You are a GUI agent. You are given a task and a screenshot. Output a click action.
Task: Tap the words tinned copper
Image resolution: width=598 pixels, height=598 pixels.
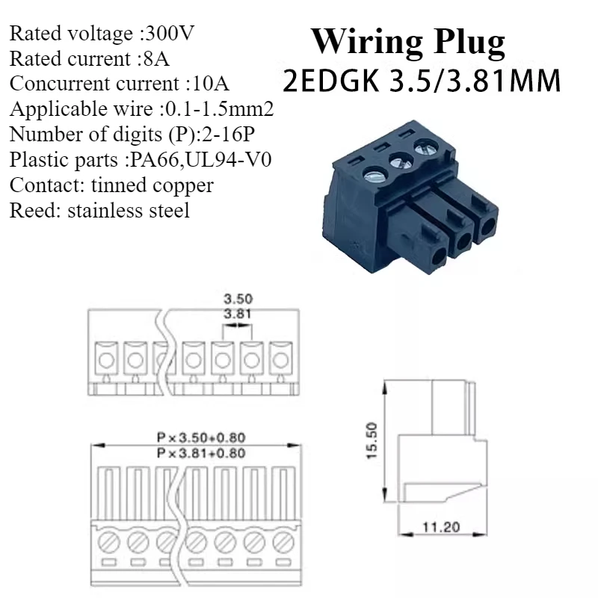(x=152, y=185)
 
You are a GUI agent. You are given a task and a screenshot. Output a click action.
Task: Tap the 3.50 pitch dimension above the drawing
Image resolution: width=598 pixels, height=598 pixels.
(x=237, y=299)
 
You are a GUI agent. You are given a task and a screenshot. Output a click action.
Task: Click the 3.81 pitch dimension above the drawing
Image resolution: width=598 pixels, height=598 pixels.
(x=237, y=314)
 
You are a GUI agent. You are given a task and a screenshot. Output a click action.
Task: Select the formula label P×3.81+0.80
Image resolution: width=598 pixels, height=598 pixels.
(x=201, y=452)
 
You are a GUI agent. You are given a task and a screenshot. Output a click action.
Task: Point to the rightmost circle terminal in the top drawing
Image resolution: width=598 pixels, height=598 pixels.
(x=280, y=360)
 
